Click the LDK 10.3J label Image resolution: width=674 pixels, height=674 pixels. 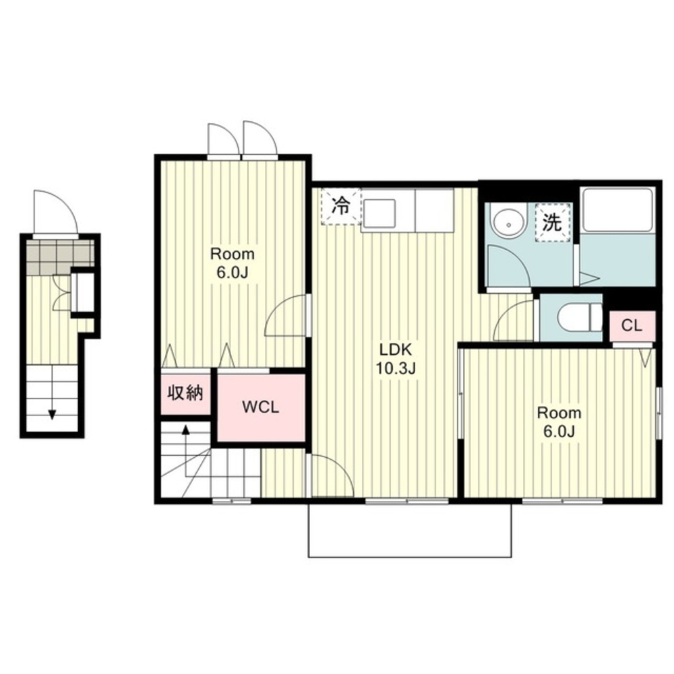coord(396,359)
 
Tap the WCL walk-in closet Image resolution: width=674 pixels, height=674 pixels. coord(261,407)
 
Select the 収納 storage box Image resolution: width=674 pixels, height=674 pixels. coord(185,393)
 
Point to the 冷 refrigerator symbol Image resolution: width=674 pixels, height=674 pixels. coord(341,207)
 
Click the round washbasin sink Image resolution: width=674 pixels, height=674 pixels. coord(509,224)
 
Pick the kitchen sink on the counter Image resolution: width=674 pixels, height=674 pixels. coord(379,212)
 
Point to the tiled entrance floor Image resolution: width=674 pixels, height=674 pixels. coord(60,257)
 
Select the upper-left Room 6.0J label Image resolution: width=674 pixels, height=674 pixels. coord(233,263)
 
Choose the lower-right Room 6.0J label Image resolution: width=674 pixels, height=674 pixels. coord(559,422)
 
